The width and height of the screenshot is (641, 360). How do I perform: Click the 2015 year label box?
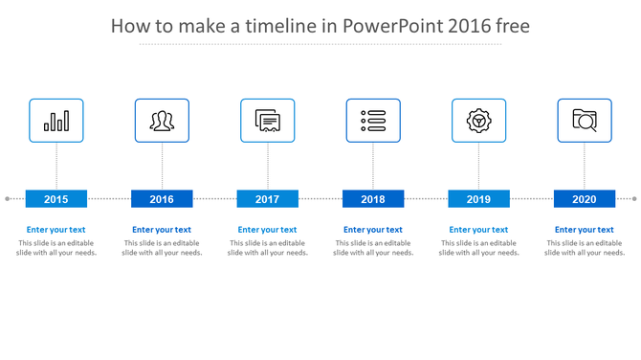(x=56, y=199)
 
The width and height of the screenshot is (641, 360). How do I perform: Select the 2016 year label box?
(x=162, y=199)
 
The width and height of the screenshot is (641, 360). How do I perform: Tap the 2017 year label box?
(x=268, y=199)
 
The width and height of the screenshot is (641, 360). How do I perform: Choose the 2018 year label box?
(x=373, y=199)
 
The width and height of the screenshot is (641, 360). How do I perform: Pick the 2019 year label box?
(x=478, y=199)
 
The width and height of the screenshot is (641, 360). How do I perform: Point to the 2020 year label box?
(x=585, y=199)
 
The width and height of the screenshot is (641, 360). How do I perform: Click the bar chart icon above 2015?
(x=56, y=121)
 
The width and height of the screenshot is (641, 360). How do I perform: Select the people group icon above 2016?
(x=162, y=121)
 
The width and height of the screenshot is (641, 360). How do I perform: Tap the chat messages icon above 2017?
(x=268, y=121)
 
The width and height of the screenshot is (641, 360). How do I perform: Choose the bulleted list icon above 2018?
(x=373, y=121)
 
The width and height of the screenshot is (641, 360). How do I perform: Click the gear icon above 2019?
(x=478, y=121)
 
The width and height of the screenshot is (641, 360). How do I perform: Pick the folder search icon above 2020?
(x=585, y=121)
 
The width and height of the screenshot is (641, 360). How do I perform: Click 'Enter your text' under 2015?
(x=56, y=230)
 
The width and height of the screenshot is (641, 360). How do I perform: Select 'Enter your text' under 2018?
(x=373, y=230)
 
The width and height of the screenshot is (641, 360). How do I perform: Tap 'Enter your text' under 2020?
(x=585, y=230)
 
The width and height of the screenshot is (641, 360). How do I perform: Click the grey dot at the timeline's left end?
(x=8, y=199)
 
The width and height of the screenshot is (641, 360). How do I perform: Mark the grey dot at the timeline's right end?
(x=634, y=199)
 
